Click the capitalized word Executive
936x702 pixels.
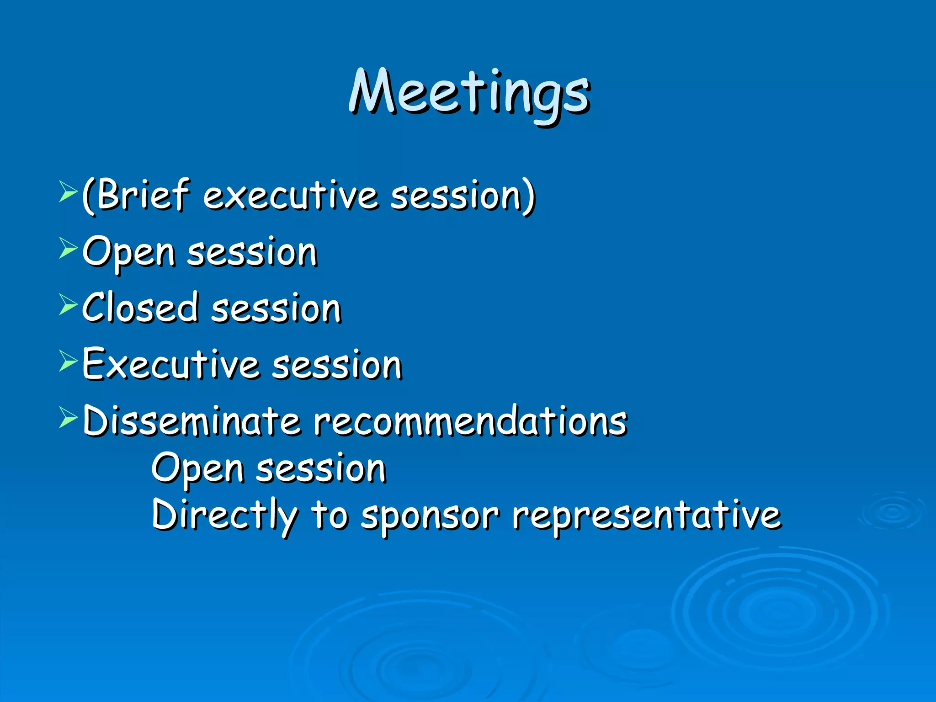click(171, 364)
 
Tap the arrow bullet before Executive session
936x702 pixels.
click(68, 362)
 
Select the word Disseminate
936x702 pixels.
click(192, 420)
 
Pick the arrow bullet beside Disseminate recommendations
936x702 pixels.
click(68, 418)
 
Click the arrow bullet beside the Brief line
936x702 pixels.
click(68, 192)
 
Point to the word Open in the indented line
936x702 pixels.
click(197, 469)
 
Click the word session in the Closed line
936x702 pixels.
click(276, 308)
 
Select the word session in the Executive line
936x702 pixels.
click(337, 365)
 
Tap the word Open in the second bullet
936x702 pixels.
click(129, 252)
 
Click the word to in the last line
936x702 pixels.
click(329, 516)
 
